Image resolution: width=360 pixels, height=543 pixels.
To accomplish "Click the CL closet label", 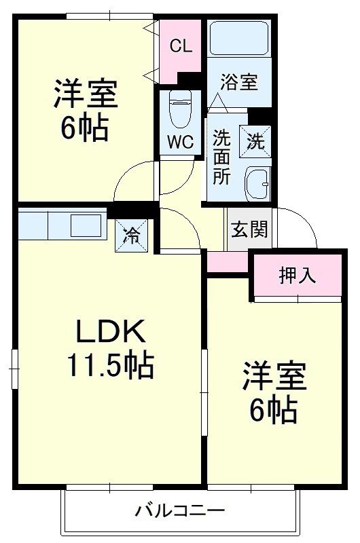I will [181, 46].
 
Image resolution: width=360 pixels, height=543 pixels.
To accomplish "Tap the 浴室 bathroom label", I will [238, 82].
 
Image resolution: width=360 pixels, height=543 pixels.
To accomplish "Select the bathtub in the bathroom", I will [238, 39].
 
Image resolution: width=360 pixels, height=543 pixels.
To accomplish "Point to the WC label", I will [180, 143].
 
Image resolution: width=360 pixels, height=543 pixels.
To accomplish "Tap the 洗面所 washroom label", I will [221, 157].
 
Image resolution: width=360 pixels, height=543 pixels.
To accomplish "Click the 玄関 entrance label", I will [249, 229].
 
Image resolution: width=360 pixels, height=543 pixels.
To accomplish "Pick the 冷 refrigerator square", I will [131, 236].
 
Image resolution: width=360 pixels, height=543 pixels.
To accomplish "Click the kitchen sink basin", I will [85, 225].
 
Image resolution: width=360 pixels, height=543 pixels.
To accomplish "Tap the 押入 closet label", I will [298, 276].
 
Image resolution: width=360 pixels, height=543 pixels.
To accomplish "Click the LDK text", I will [110, 332].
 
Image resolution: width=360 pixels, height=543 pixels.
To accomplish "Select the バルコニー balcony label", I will [179, 510].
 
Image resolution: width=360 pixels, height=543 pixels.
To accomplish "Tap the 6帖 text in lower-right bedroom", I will [274, 410].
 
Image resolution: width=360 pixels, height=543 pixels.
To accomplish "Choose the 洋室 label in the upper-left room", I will [86, 94].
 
